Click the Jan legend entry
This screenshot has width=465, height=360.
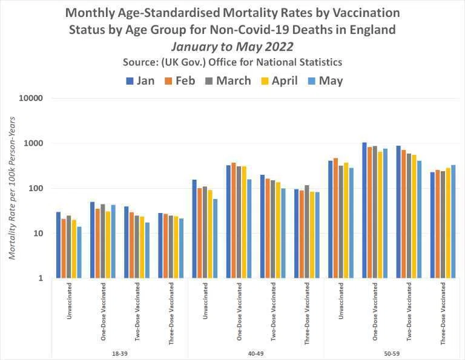click(140, 80)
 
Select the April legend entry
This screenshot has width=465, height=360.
click(279, 80)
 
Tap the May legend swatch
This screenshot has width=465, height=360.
click(311, 81)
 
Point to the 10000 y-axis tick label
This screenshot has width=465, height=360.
click(31, 98)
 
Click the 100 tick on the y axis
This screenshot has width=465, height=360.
click(36, 188)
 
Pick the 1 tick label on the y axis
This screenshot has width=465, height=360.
click(41, 278)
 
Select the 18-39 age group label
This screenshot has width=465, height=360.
click(119, 353)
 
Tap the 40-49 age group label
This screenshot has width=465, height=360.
click(256, 353)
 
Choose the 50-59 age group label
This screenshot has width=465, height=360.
click(392, 353)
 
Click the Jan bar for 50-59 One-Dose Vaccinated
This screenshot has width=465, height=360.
click(364, 210)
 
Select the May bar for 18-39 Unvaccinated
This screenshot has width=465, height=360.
click(79, 252)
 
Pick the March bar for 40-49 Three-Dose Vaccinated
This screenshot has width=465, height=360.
click(306, 232)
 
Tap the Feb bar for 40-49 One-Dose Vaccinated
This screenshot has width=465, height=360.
click(234, 220)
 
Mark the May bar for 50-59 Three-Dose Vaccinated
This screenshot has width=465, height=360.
click(453, 221)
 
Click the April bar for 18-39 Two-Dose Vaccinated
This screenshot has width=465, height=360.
click(142, 247)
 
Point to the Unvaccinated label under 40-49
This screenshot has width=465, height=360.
click(205, 301)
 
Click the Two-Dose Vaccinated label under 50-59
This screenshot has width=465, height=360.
click(409, 312)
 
